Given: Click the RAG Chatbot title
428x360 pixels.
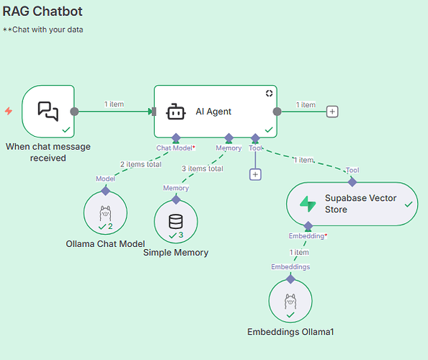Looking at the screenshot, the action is point(43,12).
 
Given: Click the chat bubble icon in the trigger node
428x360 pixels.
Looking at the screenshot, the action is point(48,112).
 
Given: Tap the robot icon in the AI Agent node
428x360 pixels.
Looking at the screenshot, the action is point(176,112).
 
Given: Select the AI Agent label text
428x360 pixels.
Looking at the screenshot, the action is point(213,112).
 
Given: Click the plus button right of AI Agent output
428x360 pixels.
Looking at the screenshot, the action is point(332,112).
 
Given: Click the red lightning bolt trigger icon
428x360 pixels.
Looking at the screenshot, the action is point(9,111).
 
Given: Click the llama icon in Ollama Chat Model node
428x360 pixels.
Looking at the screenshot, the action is point(105,213).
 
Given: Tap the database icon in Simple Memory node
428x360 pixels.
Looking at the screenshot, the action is point(176,222).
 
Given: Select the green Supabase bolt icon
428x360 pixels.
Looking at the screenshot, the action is point(308,204).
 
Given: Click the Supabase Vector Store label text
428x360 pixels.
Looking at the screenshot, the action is point(360,204).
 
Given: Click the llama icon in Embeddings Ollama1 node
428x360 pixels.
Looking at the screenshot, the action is point(290,302).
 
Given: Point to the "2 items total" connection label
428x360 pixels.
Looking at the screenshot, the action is point(141,164).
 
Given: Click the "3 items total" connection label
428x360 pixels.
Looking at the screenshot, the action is point(202,168).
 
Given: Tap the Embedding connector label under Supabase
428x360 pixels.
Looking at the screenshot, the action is point(308,236).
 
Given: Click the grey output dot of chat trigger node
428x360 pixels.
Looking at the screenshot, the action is point(74,112).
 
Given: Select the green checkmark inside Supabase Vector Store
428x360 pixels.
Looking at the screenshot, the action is point(409,204).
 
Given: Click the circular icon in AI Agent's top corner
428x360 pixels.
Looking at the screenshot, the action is point(269,94).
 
